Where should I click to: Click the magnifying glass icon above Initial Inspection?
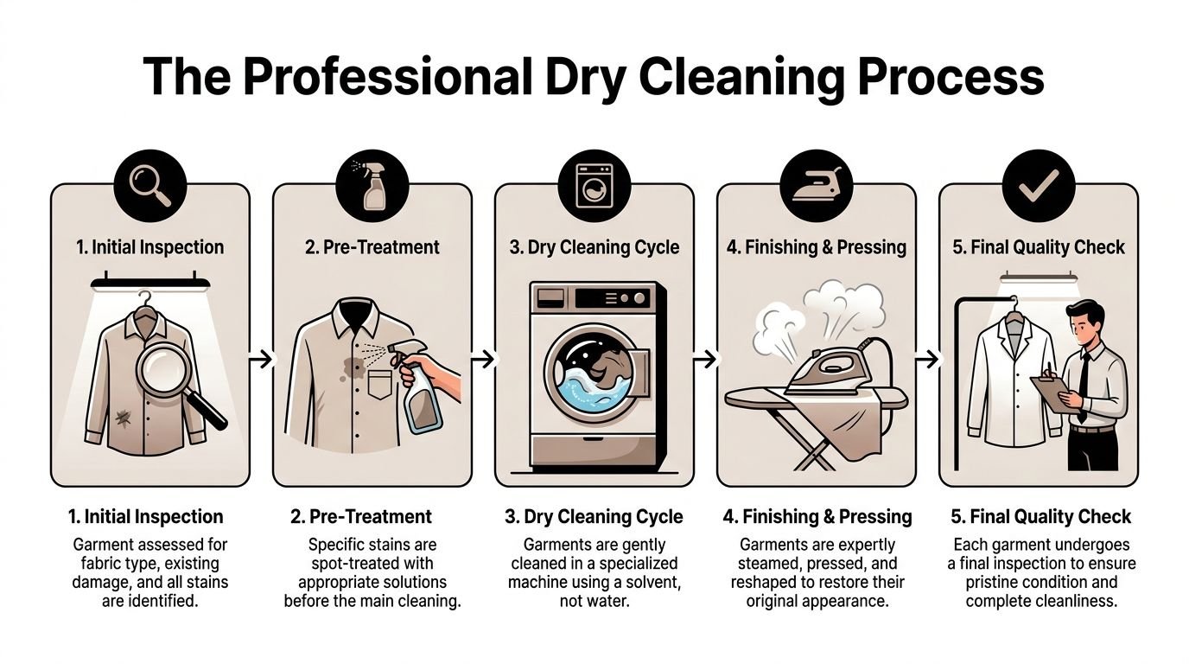149,184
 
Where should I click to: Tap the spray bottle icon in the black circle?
372,184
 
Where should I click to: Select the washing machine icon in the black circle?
594,184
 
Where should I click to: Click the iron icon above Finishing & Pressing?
816,184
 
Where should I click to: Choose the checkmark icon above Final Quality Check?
1038,184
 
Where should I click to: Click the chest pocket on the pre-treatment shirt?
378,384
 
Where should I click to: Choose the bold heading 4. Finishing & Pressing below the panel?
817,517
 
